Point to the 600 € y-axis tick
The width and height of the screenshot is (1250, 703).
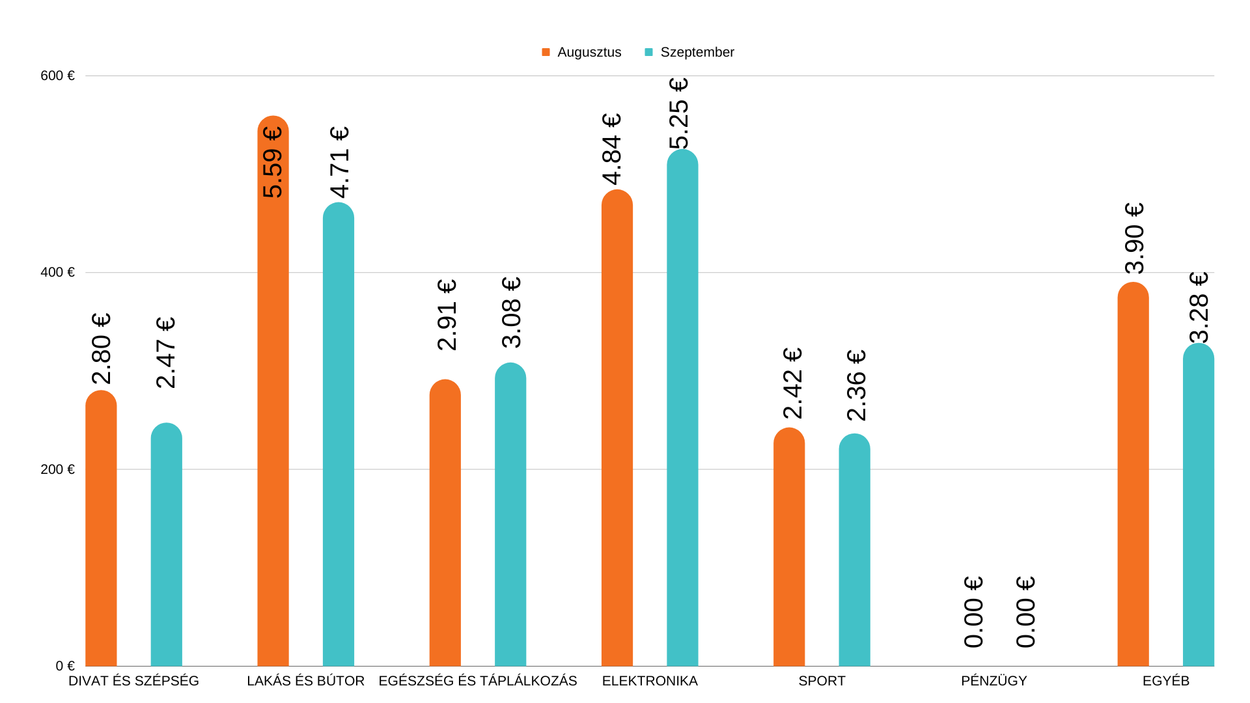click(57, 76)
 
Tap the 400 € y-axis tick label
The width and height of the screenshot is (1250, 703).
click(57, 272)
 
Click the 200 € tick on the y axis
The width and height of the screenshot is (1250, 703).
click(57, 469)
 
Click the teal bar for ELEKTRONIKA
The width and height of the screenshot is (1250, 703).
click(682, 410)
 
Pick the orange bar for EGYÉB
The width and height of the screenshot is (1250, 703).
click(1133, 475)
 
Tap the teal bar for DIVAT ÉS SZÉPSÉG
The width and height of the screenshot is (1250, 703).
click(166, 547)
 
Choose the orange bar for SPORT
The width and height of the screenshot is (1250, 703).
click(789, 547)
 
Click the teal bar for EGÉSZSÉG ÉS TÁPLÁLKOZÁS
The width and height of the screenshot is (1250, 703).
click(510, 514)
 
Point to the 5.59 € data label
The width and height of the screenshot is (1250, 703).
click(273, 162)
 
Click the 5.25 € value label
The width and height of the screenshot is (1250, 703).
click(679, 114)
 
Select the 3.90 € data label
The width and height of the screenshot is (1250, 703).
click(1135, 238)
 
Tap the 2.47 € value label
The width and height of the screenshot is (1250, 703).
click(167, 352)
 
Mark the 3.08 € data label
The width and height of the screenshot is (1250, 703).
click(512, 312)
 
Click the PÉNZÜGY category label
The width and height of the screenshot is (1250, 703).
click(993, 681)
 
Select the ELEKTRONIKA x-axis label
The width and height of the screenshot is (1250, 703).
click(650, 681)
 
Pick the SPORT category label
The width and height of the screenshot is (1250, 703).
click(822, 681)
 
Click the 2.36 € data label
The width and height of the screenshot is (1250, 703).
click(857, 385)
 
